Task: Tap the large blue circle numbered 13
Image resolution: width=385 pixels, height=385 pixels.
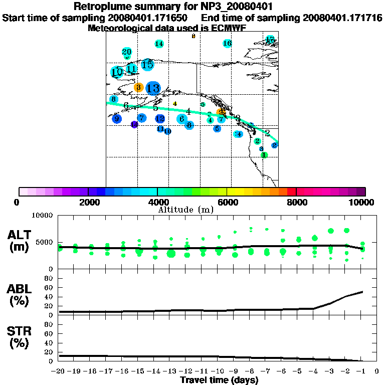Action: click(153, 89)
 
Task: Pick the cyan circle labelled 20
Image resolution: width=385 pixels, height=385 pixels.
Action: click(127, 52)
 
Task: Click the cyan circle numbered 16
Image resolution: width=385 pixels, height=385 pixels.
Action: click(227, 44)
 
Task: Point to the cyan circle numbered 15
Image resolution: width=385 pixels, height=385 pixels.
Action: click(147, 64)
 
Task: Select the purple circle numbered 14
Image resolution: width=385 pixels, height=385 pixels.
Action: click(134, 124)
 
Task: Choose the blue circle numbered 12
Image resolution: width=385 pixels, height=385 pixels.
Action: click(160, 119)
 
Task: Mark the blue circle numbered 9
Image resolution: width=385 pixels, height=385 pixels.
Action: click(116, 119)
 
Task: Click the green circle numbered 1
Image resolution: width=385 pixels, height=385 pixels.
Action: click(264, 155)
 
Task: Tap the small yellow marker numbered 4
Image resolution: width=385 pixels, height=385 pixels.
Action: click(175, 104)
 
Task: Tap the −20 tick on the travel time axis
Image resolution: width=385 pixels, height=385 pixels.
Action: click(59, 371)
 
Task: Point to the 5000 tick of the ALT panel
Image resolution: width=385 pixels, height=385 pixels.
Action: click(45, 242)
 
